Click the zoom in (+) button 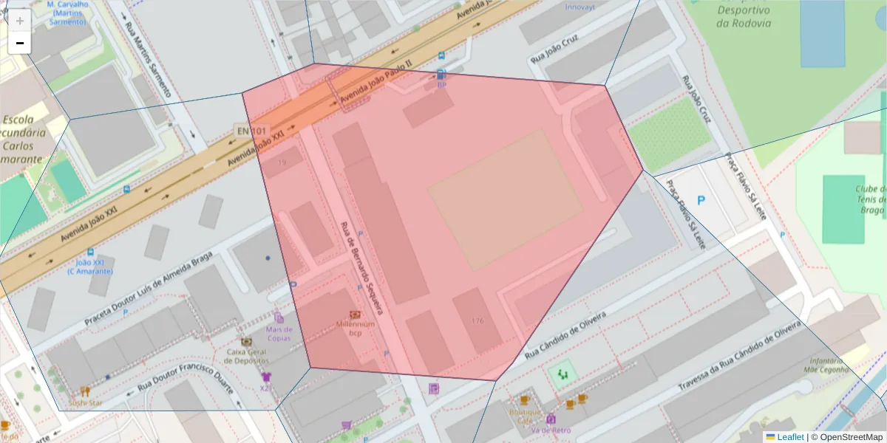point(20,21)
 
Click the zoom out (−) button point(20,44)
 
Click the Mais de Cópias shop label point(279,334)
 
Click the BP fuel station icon point(441,75)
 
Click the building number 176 point(477,321)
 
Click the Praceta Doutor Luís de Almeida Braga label point(148,289)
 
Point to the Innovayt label point(580,7)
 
